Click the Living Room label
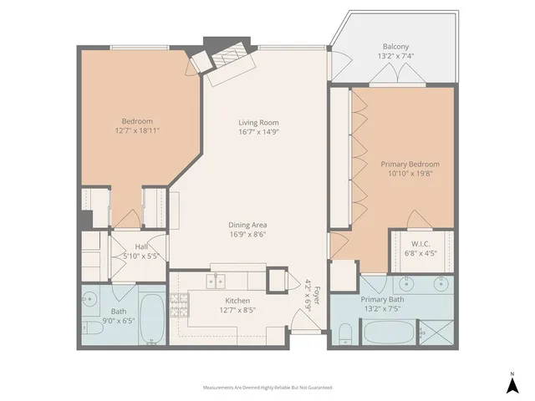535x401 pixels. click(257, 123)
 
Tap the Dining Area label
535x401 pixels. click(248, 224)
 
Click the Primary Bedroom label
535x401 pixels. click(410, 165)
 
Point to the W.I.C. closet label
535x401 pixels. click(420, 243)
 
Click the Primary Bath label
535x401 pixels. click(382, 300)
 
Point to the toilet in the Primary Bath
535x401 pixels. click(345, 336)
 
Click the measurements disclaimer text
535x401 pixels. click(267, 388)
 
